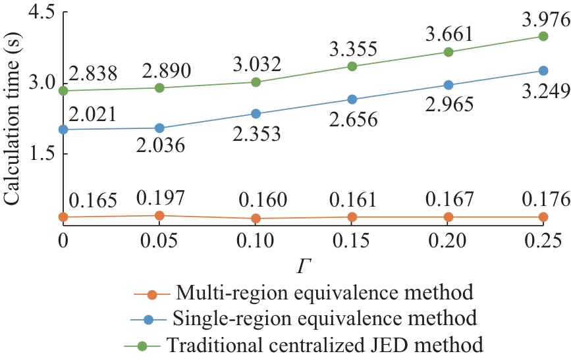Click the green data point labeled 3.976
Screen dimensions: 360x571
[544, 36]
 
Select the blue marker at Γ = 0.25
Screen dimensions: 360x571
[544, 70]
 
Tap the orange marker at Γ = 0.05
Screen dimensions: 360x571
[159, 215]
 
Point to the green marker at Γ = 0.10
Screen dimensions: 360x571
[256, 82]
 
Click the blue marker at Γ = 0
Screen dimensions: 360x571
[63, 130]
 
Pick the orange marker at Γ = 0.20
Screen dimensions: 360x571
[448, 217]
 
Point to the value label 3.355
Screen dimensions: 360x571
[352, 49]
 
